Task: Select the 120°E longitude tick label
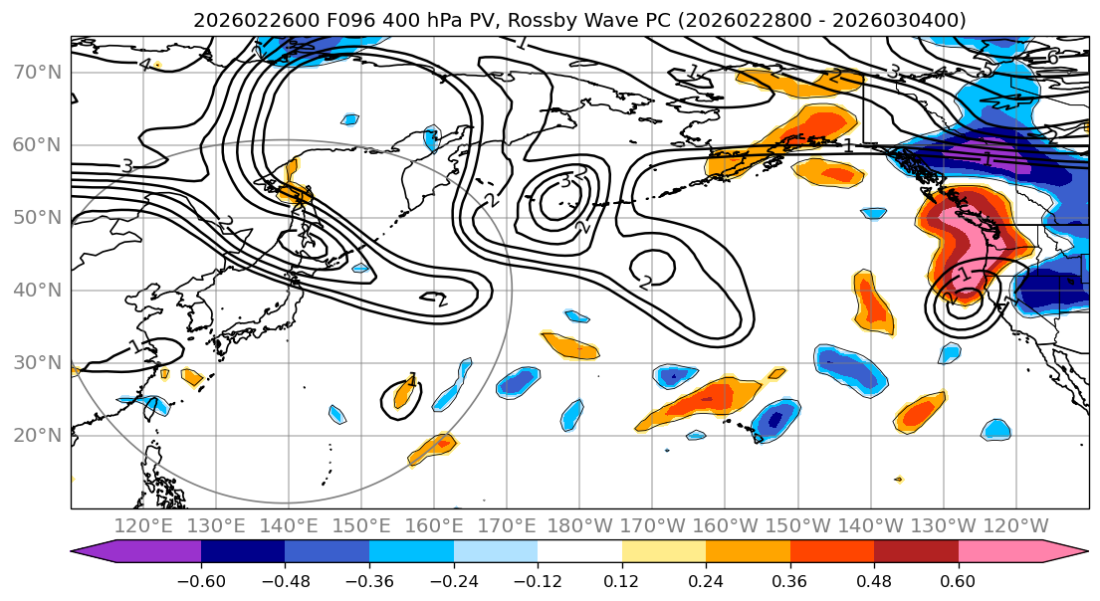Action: (143, 525)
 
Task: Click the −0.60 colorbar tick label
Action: (201, 579)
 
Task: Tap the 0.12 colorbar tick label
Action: (622, 579)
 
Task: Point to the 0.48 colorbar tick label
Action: (874, 579)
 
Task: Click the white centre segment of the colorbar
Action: (579, 552)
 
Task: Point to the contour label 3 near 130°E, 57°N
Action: (126, 166)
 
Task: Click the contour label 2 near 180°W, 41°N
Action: (645, 283)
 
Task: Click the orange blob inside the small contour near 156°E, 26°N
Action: (403, 395)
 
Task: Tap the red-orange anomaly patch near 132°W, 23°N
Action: (919, 411)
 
